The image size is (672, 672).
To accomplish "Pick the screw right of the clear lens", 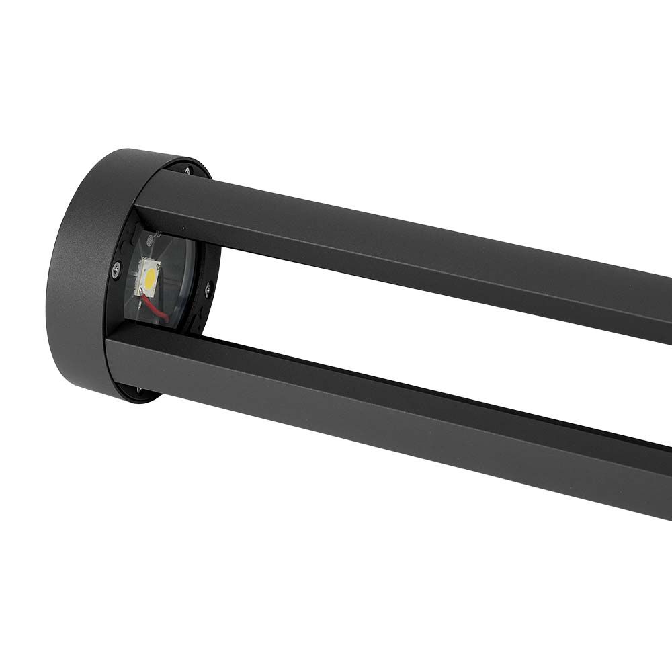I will [208, 290].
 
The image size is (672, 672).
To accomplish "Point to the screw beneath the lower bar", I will [139, 390].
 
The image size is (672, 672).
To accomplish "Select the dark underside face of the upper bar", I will [403, 272].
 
